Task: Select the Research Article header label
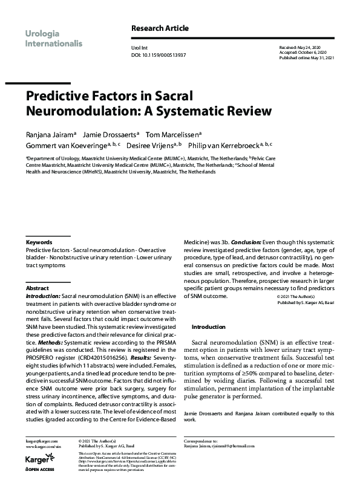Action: point(160,28)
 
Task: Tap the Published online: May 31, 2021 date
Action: point(308,58)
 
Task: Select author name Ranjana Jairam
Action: point(50,134)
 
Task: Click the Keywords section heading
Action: point(39,242)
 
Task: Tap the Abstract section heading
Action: point(38,288)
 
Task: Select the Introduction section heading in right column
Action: point(209,326)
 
